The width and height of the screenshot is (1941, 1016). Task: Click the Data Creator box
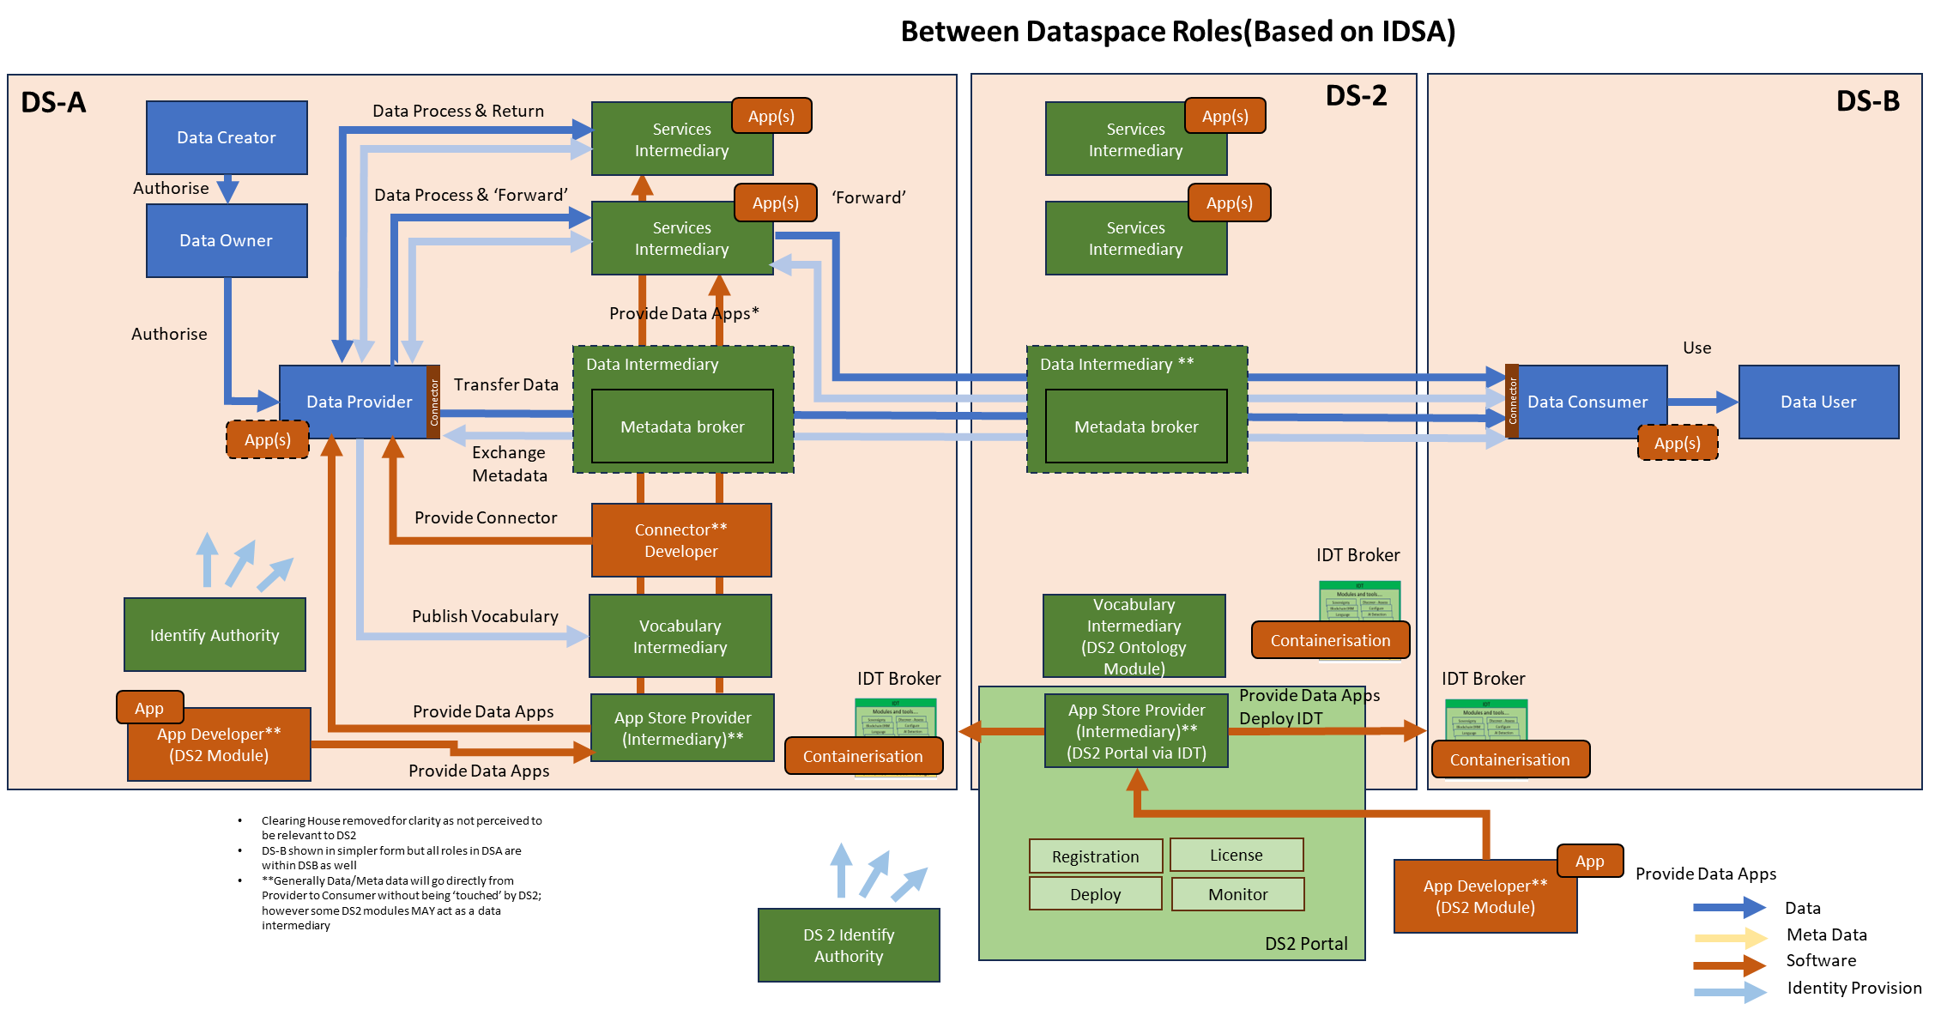coord(227,137)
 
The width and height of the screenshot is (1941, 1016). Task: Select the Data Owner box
coord(227,240)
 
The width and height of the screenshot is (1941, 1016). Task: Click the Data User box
coord(1818,402)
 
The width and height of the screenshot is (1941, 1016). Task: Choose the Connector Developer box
coord(681,541)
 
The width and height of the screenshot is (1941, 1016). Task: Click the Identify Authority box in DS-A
coord(215,635)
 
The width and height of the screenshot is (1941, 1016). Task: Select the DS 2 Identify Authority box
coord(849,945)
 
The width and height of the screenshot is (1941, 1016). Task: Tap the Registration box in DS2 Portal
coord(1096,856)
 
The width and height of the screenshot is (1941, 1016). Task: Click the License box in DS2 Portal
coord(1237,855)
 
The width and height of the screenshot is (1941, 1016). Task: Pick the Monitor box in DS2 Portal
coord(1237,894)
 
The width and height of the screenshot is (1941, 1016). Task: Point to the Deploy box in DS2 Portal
coord(1096,894)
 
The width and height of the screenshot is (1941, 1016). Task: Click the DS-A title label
coord(53,102)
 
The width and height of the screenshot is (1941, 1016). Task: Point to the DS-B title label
coord(1867,101)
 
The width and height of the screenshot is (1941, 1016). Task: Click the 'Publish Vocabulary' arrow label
coord(485,616)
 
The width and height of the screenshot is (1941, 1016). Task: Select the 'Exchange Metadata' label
coord(509,463)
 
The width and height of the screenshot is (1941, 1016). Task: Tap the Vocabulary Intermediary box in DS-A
coord(680,636)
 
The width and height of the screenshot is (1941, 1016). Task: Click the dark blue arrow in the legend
coord(1728,907)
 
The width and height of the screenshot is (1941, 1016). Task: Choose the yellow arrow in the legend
coord(1728,938)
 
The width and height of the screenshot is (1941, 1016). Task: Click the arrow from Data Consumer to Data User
coord(1702,402)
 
